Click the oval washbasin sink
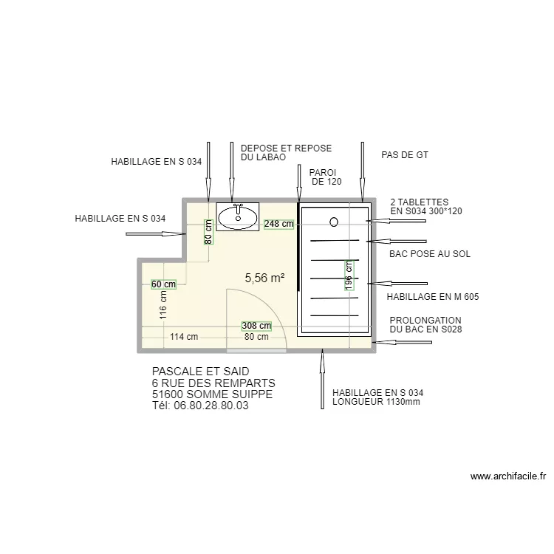[238, 217]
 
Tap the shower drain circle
[334, 222]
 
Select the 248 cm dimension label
[278, 224]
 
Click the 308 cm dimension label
[256, 326]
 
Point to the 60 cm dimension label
[163, 284]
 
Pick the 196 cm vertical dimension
[349, 276]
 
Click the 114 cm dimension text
[184, 337]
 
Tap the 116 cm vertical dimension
[163, 305]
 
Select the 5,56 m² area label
[265, 278]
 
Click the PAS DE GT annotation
[405, 155]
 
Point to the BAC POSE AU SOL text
[430, 253]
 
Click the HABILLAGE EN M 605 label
[433, 297]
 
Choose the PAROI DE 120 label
[325, 177]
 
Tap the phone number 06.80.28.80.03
[211, 406]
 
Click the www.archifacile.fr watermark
[508, 476]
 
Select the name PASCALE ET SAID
[201, 372]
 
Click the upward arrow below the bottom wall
[322, 379]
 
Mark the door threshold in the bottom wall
[256, 351]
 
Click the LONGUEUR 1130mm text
[376, 402]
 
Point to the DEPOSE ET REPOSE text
[286, 148]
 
